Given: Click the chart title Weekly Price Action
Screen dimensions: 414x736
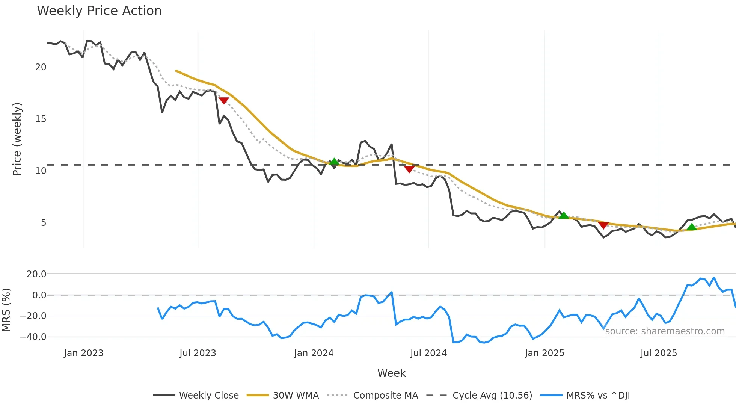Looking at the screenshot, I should pos(99,11).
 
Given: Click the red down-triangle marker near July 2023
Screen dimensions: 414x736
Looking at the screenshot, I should pos(224,100).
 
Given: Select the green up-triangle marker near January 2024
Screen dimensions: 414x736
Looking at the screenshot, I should pos(334,162).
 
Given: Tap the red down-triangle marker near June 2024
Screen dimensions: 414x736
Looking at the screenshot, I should pos(409,169).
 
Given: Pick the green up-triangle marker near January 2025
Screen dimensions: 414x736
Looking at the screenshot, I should pos(564,215).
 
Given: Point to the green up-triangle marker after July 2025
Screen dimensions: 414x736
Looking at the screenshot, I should pos(692,227).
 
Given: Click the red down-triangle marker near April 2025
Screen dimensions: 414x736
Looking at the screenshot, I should pos(603,225).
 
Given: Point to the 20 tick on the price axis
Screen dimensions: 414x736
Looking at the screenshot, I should pos(41,67).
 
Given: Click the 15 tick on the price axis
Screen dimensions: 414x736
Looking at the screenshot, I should pos(41,119).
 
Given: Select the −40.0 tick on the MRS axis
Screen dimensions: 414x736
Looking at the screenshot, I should pos(33,337).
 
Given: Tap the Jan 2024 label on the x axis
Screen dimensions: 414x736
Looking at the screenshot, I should pos(314,353).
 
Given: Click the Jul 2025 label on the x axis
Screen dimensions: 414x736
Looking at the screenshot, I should pos(659,353).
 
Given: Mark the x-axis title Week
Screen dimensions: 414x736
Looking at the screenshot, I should pos(391,373).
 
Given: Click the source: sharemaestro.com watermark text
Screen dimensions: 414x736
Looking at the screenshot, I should pos(665,331).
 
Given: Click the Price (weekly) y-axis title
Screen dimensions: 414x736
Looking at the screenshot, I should pos(17,139).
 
